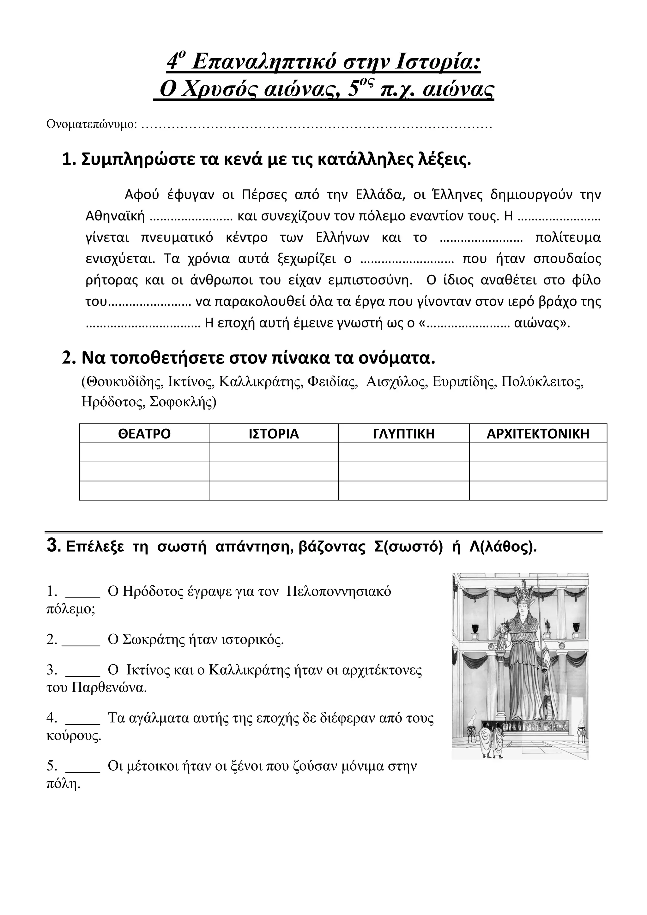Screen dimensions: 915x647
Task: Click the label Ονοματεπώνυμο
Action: point(92,124)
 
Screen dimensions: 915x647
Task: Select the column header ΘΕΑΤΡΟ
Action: point(144,434)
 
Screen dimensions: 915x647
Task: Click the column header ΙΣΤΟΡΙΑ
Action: point(274,434)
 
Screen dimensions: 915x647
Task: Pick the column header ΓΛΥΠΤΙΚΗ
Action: point(403,434)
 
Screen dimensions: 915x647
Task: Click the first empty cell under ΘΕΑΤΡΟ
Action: point(144,452)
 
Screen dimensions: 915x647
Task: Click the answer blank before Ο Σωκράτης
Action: point(81,640)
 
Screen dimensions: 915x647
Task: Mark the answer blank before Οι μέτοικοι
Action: point(82,766)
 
